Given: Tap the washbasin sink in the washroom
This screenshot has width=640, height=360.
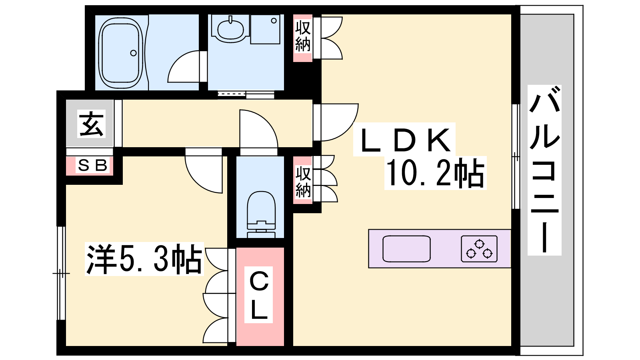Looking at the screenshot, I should click(230, 28).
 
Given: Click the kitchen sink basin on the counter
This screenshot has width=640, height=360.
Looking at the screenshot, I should click(406, 249).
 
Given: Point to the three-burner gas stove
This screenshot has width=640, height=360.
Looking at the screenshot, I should click(479, 249).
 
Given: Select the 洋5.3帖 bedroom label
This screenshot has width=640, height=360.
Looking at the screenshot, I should click(144, 259).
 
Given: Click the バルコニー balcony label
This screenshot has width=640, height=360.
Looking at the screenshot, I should click(544, 170).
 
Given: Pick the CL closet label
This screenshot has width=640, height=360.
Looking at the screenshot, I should click(259, 295).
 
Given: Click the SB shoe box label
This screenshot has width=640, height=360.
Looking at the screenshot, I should click(93, 165).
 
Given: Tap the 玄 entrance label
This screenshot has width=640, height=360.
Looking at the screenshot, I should click(92, 124).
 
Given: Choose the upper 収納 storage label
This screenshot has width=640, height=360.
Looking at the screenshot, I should click(303, 37).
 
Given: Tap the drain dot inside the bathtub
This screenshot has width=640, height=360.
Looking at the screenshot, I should click(134, 53).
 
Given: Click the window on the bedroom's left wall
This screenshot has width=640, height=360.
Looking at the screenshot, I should click(61, 273).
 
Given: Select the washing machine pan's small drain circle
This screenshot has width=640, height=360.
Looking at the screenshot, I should click(274, 21).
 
